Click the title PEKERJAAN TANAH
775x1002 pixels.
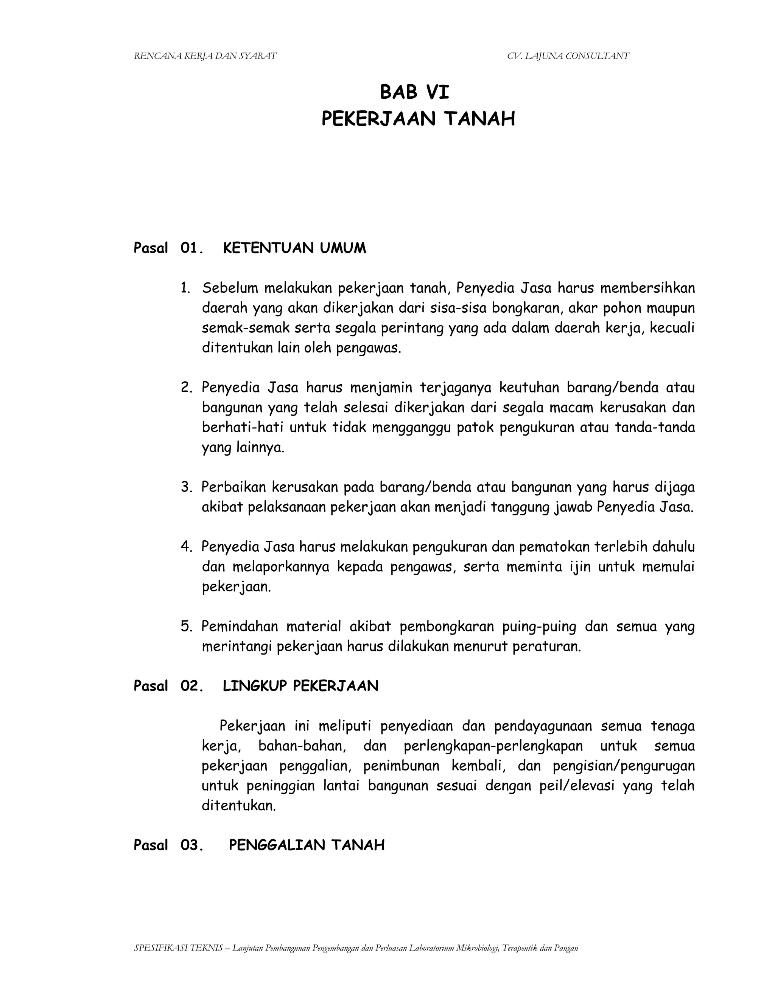point(418,119)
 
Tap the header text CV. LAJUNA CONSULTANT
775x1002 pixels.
point(568,56)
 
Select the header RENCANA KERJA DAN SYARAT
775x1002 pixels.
point(205,56)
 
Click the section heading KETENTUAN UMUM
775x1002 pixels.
point(294,248)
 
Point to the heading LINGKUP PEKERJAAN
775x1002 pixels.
point(301,686)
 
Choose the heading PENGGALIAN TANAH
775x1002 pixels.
point(307,845)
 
